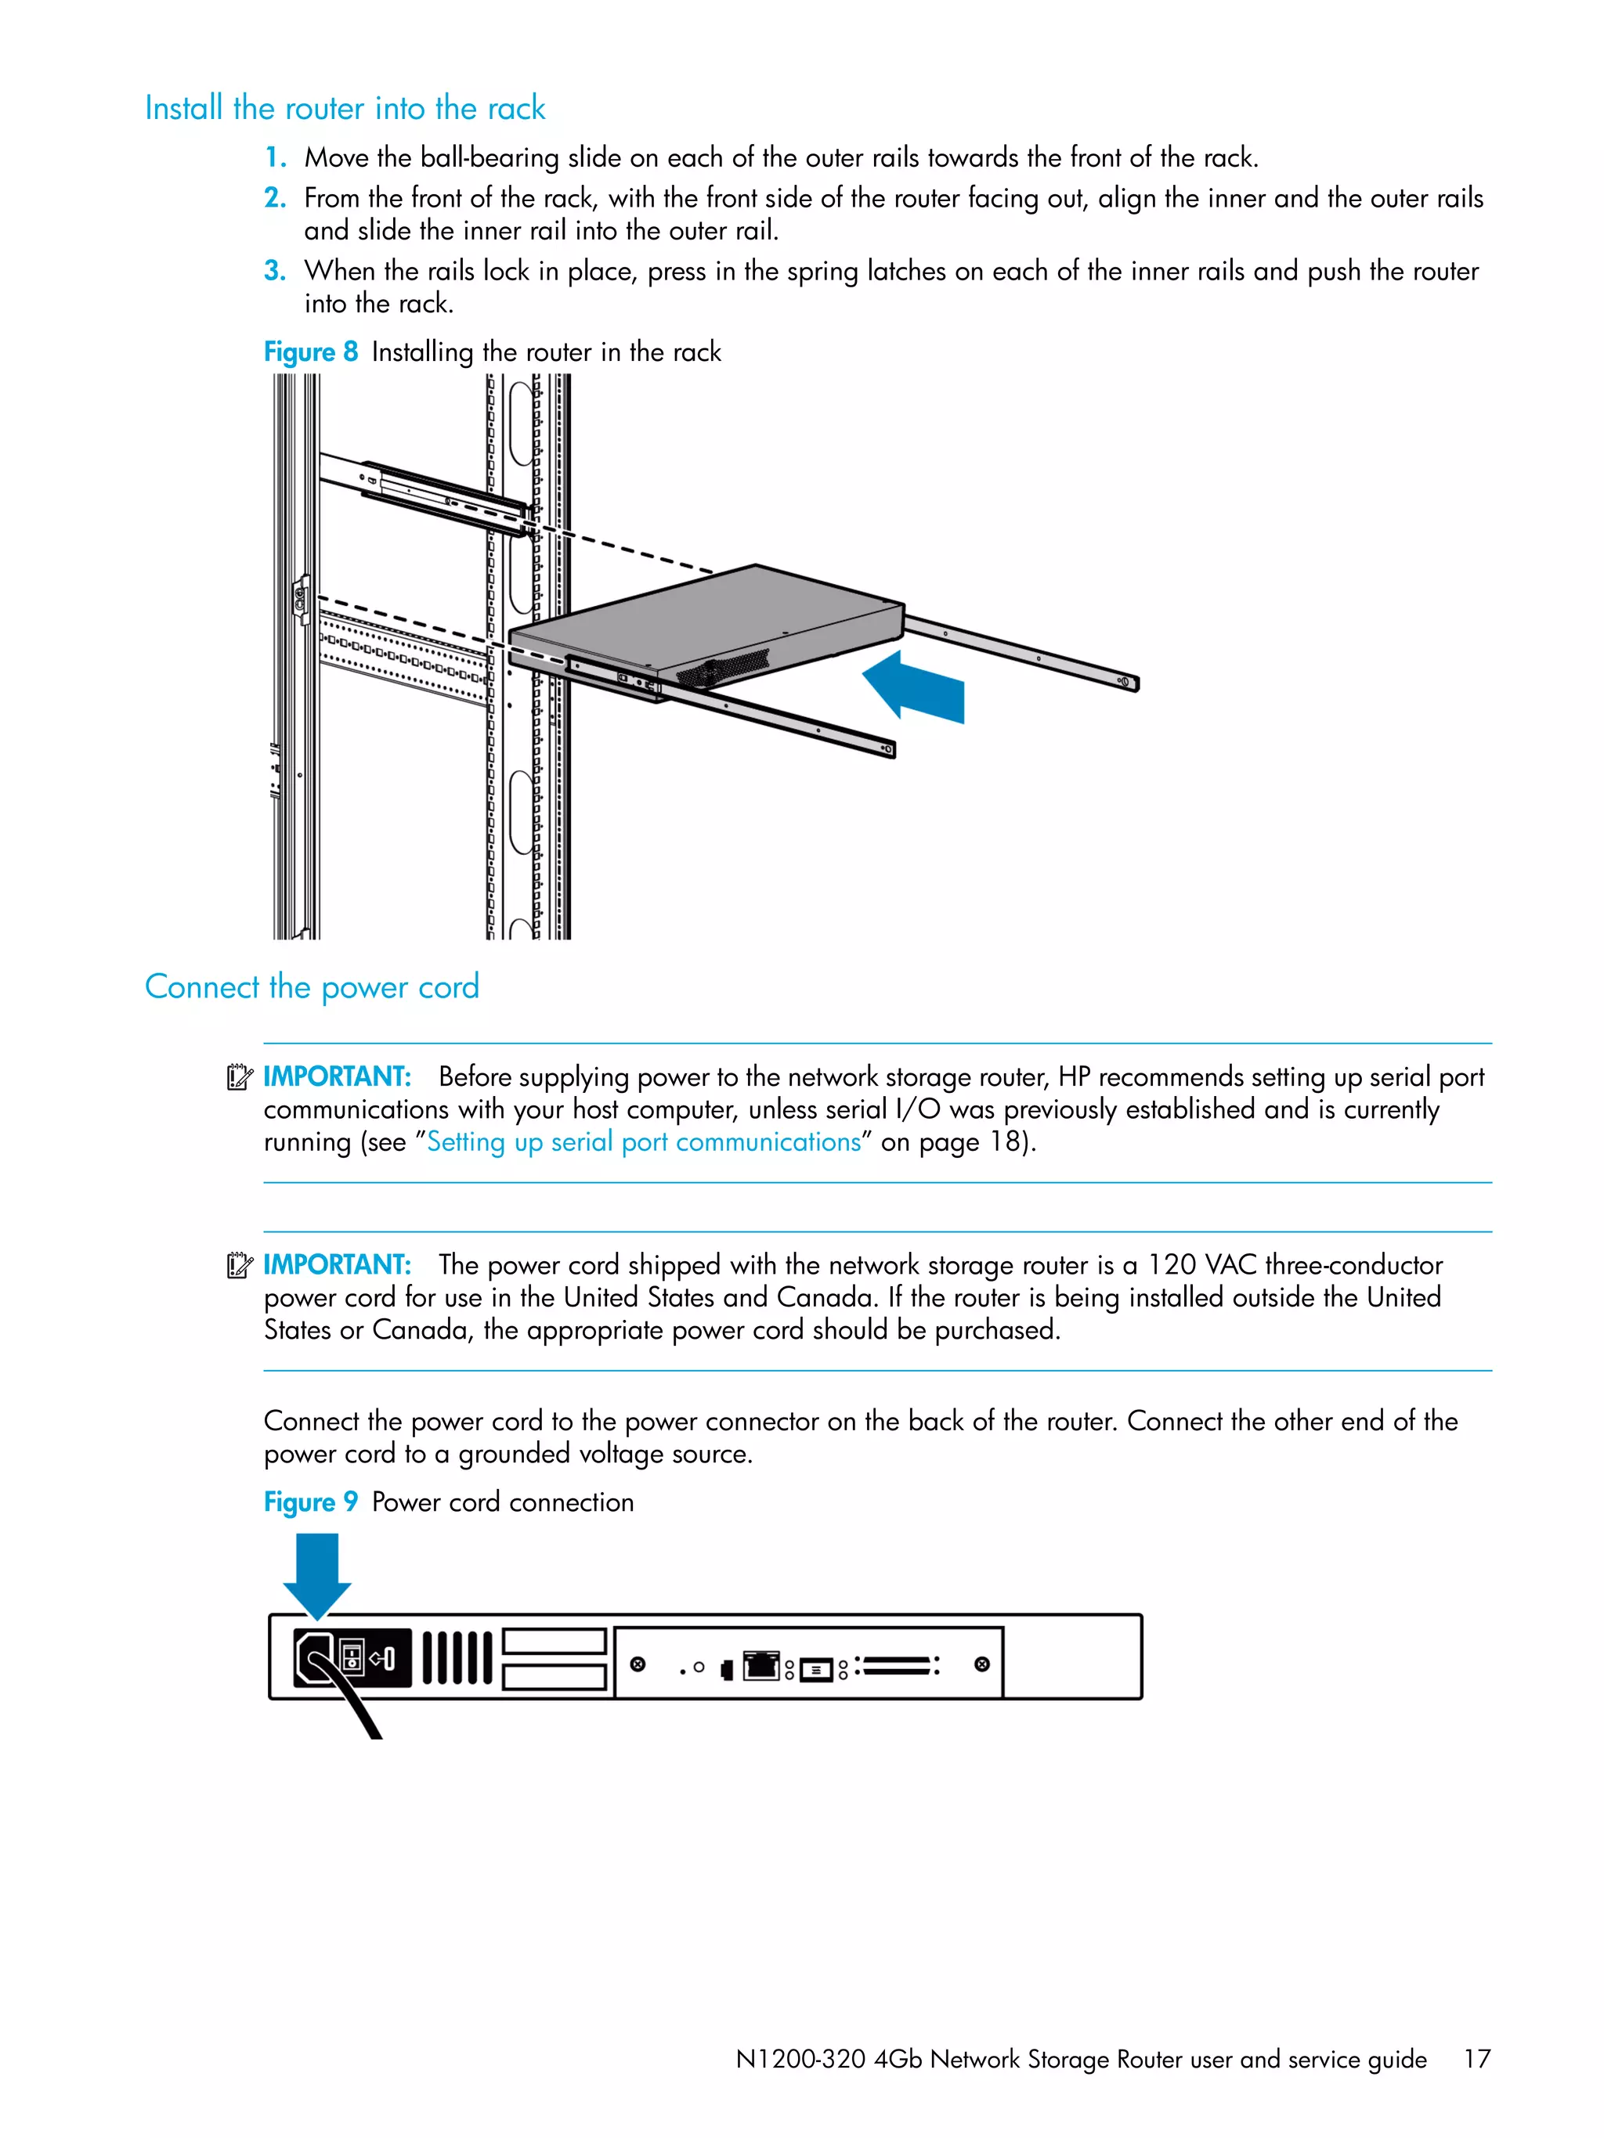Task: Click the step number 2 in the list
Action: coord(275,198)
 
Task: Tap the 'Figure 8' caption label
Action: coord(310,352)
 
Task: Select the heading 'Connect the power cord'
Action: coord(312,987)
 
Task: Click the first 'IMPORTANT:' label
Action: coord(337,1076)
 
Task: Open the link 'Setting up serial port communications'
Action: coord(643,1142)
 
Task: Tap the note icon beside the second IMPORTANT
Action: coord(239,1265)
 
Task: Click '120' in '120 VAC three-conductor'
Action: coord(1171,1265)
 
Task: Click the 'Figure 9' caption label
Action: coord(310,1502)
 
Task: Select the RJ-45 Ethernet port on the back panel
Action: coord(761,1665)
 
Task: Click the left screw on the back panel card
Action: coord(638,1664)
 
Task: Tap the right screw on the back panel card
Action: coord(981,1664)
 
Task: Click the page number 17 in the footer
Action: coord(1476,2059)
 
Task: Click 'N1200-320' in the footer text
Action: coord(800,2060)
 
